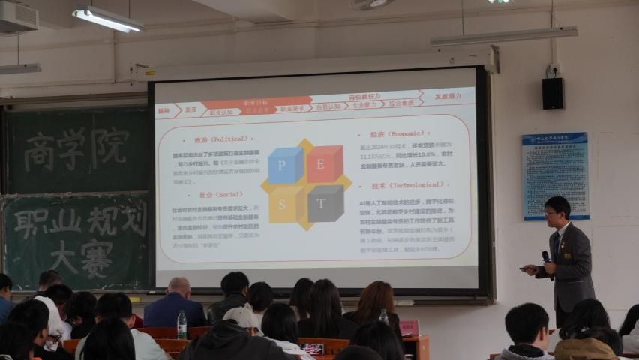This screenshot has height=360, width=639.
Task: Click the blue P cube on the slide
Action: pyautogui.click(x=285, y=166)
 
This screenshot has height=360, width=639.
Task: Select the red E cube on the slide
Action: pyautogui.click(x=325, y=164)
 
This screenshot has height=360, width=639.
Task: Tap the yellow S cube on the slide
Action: pyautogui.click(x=284, y=205)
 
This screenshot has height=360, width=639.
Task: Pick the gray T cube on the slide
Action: pyautogui.click(x=325, y=203)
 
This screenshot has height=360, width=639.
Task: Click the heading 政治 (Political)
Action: pyautogui.click(x=220, y=139)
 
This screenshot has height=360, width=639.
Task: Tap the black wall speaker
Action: pyautogui.click(x=553, y=93)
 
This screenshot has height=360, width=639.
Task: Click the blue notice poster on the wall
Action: pyautogui.click(x=555, y=175)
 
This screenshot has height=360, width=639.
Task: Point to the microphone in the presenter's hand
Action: pyautogui.click(x=546, y=256)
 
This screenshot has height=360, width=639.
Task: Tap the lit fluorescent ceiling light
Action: pyautogui.click(x=107, y=19)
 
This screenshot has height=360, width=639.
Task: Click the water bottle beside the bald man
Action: pyautogui.click(x=181, y=325)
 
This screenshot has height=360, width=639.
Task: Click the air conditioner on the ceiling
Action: pyautogui.click(x=18, y=16)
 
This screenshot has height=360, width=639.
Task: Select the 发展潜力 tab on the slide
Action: pyautogui.click(x=448, y=97)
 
